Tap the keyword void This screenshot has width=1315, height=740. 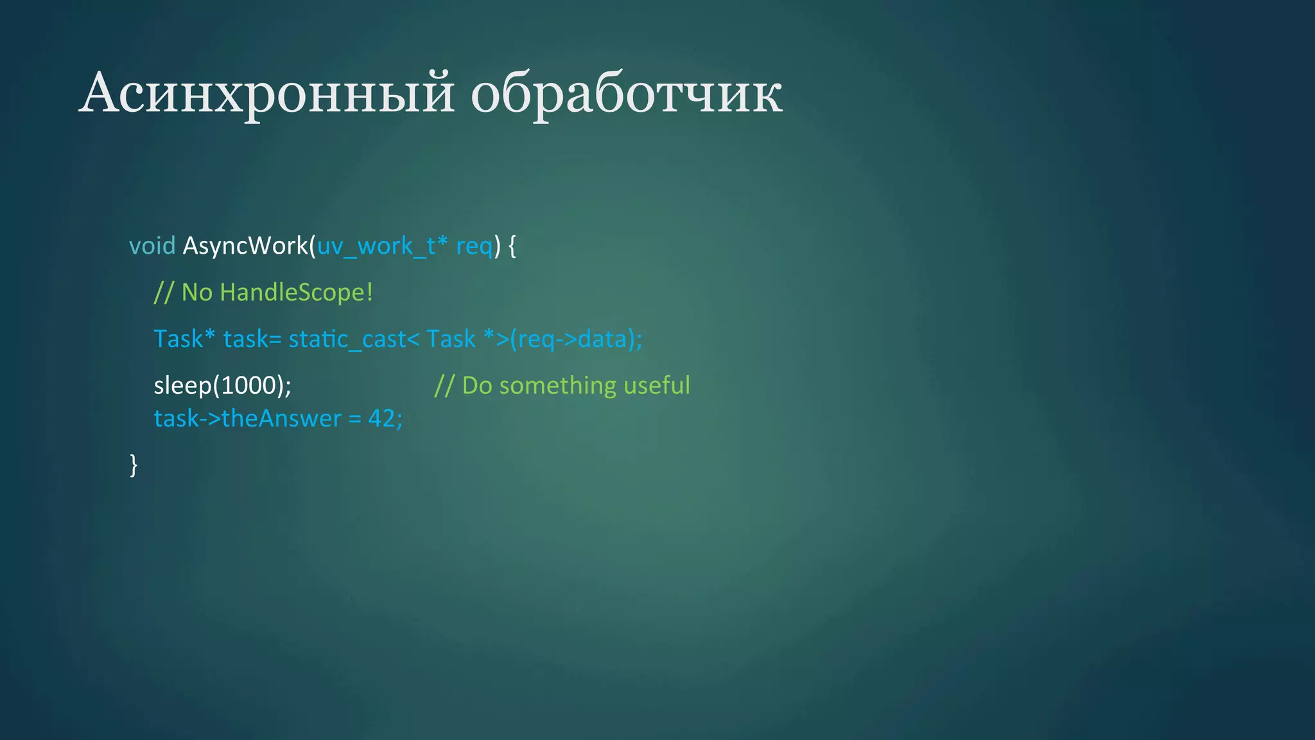pos(152,246)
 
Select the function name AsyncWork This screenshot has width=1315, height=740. pos(246,246)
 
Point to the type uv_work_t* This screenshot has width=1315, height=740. pos(382,246)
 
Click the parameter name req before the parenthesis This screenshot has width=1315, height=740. pos(474,246)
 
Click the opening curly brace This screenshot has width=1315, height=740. pos(512,246)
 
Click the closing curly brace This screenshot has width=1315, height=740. pos(134,464)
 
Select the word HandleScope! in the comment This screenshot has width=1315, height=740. pos(296,292)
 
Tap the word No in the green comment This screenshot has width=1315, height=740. pos(196,292)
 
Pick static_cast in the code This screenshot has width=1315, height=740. pos(347,339)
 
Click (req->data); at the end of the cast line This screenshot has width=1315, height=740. pos(576,339)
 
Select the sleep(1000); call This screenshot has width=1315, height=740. pos(222,385)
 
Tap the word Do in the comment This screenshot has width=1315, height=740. pos(476,385)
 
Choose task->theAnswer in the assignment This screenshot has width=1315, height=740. pos(247,419)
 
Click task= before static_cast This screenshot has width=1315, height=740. pos(252,339)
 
